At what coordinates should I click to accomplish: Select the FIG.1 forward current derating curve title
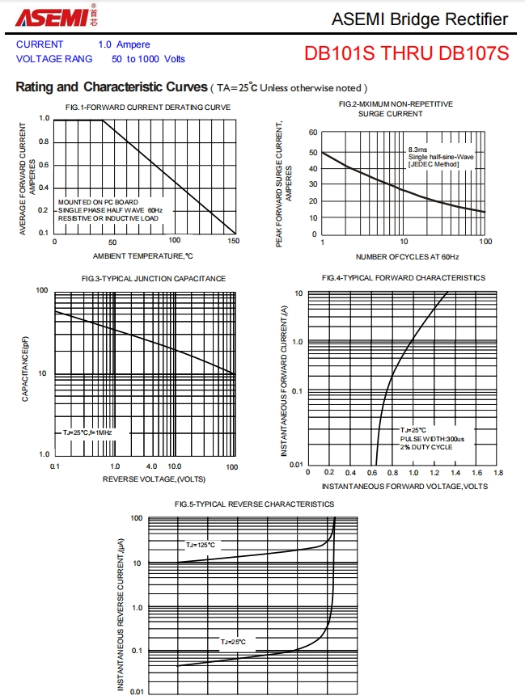(x=148, y=108)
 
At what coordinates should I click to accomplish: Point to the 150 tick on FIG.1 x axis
(x=233, y=242)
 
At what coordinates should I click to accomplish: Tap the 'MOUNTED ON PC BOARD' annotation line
(x=98, y=201)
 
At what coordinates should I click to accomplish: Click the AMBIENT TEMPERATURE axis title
(x=143, y=256)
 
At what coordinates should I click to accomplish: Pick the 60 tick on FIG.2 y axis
(x=313, y=133)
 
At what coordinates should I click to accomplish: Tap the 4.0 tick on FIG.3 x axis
(x=151, y=467)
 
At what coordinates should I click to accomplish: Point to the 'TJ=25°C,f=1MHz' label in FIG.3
(x=87, y=433)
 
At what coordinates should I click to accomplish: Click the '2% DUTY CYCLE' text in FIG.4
(x=426, y=447)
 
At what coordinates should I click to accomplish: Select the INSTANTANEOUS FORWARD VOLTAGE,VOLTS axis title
(x=404, y=487)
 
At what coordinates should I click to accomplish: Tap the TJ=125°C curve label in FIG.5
(x=201, y=545)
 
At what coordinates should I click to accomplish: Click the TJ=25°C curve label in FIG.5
(x=233, y=642)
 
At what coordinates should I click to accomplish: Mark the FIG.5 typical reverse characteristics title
(x=254, y=504)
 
